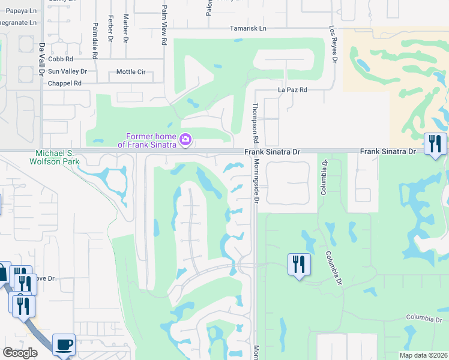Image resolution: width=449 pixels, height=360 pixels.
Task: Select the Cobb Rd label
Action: click(x=61, y=59)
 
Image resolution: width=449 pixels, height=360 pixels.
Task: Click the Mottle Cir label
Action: click(x=131, y=71)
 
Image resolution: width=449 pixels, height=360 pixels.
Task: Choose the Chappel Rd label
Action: click(x=64, y=83)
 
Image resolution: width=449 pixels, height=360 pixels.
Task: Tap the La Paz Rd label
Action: click(x=292, y=89)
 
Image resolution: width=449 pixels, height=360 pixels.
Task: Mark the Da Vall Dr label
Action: click(x=42, y=58)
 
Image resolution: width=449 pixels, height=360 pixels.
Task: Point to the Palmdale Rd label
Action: click(x=95, y=40)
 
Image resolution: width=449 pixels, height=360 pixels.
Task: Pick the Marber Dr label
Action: click(x=125, y=26)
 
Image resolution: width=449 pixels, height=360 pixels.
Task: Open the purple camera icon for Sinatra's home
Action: click(x=185, y=140)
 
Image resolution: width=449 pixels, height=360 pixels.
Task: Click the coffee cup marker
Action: click(x=64, y=345)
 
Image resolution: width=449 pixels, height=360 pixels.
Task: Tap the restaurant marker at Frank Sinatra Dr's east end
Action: click(x=435, y=144)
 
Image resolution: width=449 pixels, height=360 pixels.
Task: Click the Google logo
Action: click(x=20, y=353)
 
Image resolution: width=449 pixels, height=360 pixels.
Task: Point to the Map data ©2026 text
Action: click(x=423, y=355)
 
